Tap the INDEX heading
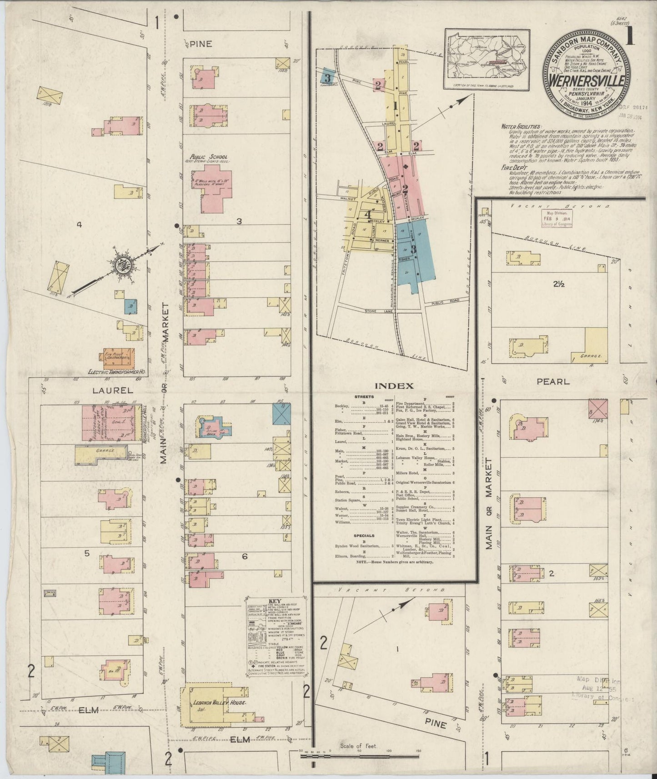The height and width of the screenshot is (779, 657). point(394,386)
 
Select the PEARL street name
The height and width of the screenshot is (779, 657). point(553,382)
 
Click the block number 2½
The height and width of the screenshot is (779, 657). point(559,284)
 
